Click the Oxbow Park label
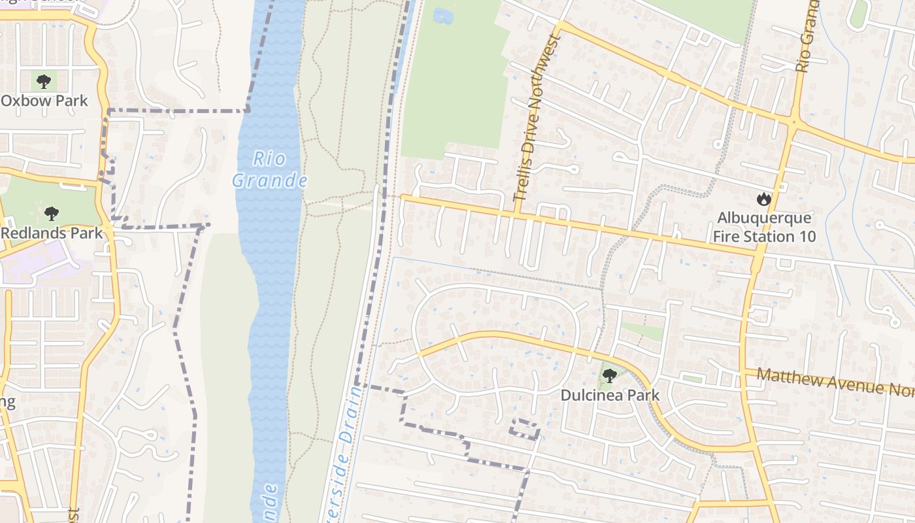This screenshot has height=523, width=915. click(44, 101)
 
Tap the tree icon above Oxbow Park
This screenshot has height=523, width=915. click(44, 82)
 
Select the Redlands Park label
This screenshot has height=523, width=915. click(52, 233)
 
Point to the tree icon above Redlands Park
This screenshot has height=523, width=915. click(51, 214)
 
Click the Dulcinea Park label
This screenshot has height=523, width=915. click(610, 395)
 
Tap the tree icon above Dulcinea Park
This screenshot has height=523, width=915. click(609, 376)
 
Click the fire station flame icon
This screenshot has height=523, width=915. click(763, 199)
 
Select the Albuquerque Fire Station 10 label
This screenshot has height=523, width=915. click(764, 227)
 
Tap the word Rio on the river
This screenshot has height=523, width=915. click(269, 158)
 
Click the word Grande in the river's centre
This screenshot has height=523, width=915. click(269, 179)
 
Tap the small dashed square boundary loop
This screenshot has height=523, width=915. click(525, 428)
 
